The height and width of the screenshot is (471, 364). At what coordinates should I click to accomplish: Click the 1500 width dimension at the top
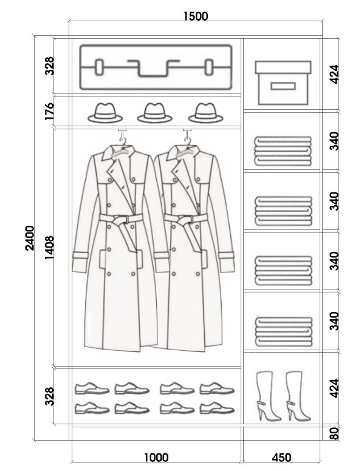point(196,16)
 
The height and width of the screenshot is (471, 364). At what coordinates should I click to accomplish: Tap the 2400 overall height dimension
point(30,238)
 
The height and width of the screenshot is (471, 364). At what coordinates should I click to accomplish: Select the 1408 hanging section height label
point(49,248)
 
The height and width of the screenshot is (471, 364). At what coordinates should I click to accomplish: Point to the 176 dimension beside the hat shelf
point(49,111)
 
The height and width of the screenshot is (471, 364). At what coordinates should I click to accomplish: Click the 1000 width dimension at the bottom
point(156,458)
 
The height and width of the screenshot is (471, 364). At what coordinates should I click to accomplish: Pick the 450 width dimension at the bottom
point(281,458)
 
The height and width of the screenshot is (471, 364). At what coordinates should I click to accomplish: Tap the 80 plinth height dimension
point(334,433)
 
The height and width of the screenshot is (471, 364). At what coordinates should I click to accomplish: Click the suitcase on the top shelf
point(156,67)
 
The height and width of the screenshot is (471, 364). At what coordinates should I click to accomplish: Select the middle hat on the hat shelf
point(154,113)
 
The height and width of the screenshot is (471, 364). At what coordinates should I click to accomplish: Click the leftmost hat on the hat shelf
point(105,113)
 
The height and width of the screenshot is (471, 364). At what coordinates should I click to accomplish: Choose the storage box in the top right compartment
point(283,83)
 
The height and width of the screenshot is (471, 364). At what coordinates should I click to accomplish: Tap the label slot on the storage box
point(283,87)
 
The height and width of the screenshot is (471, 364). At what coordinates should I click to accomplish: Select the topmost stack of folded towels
point(283,151)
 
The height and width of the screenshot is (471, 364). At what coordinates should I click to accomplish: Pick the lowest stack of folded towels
point(283,331)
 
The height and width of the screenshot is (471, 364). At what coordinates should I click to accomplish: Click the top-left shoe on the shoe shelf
point(92,388)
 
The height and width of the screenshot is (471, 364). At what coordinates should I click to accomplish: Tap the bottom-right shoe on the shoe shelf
point(217,408)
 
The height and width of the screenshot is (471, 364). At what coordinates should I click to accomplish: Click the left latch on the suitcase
point(100,67)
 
